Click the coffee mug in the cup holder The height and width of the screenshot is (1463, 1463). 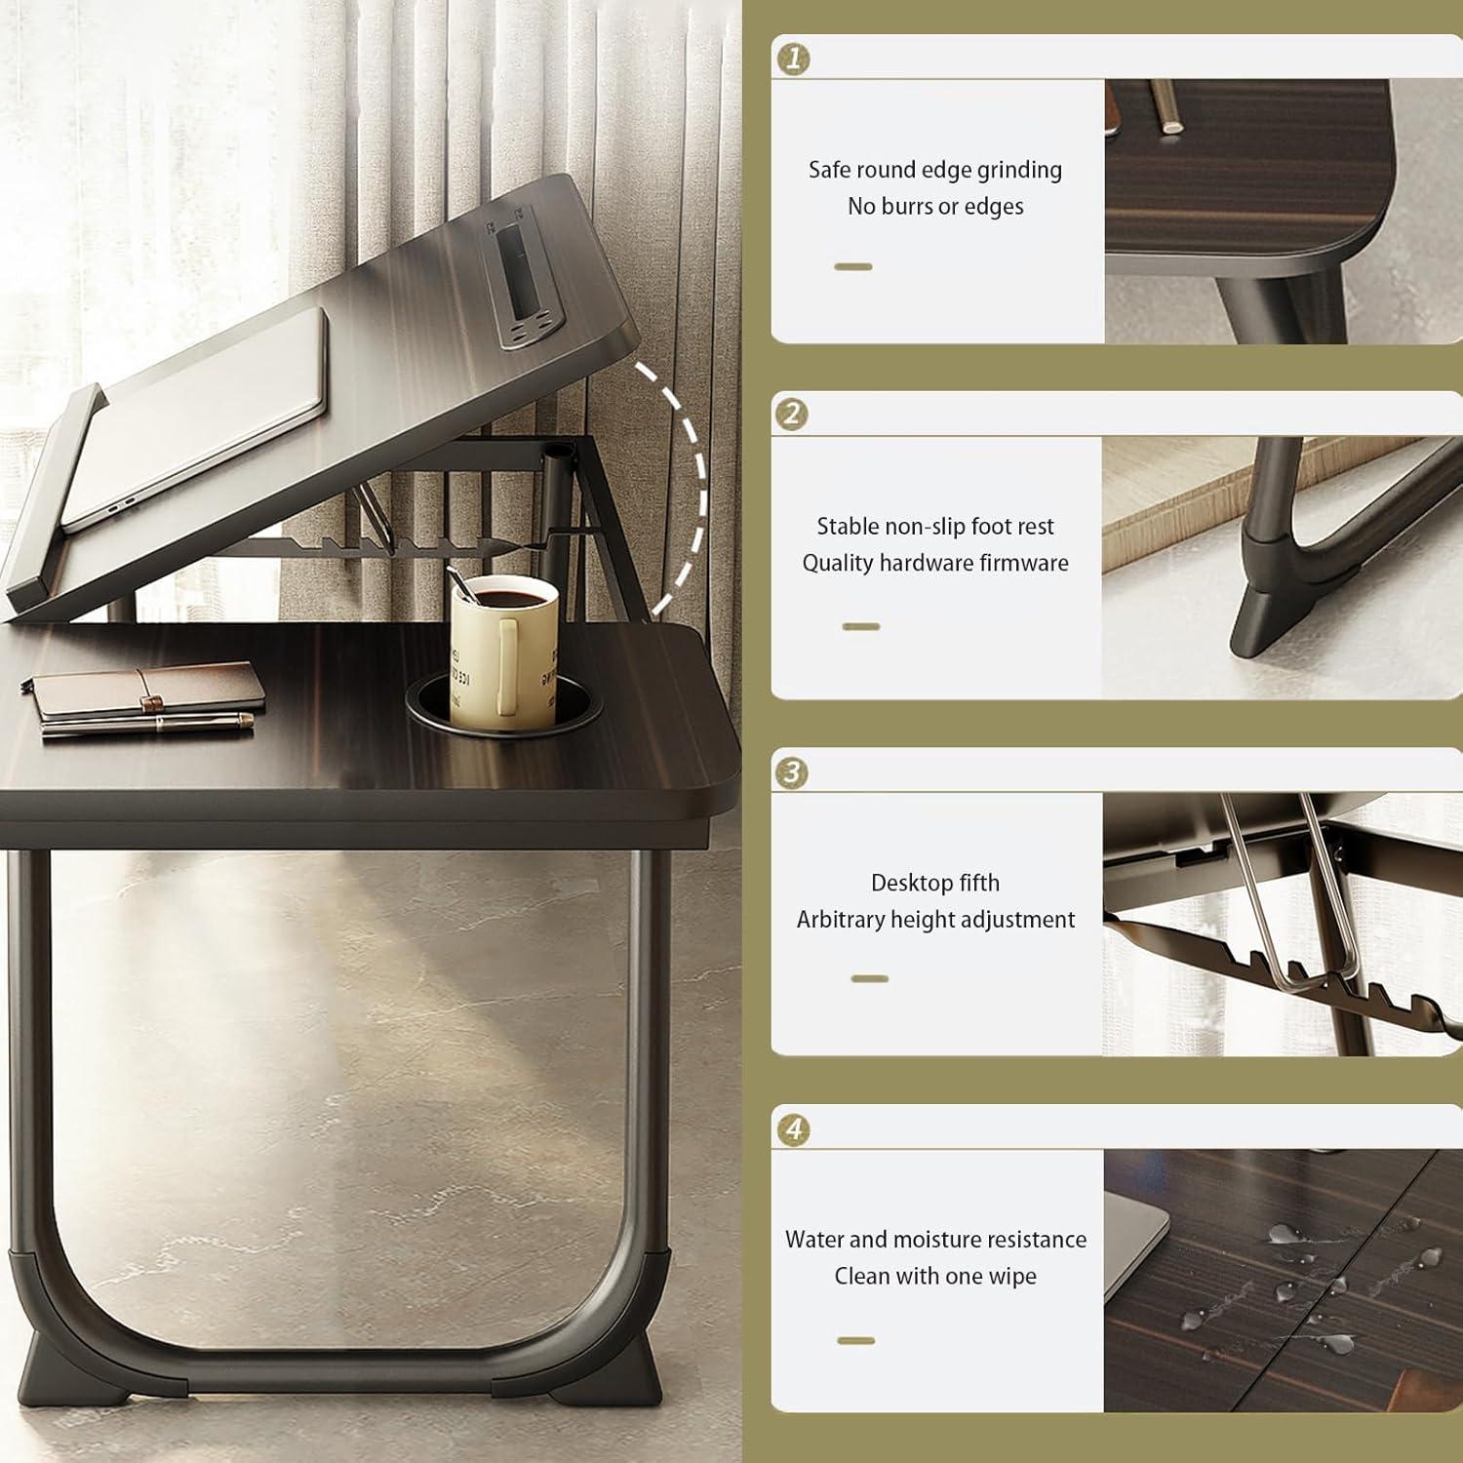pos(503,648)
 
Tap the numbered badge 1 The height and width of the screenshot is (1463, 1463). pos(792,59)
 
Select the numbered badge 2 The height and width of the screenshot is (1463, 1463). pos(791,415)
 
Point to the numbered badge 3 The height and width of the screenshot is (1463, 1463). pos(791,772)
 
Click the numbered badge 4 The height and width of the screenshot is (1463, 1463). pos(794,1129)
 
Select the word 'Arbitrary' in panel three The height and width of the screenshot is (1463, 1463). pos(840,920)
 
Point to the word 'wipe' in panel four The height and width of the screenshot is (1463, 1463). pos(1013,1276)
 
